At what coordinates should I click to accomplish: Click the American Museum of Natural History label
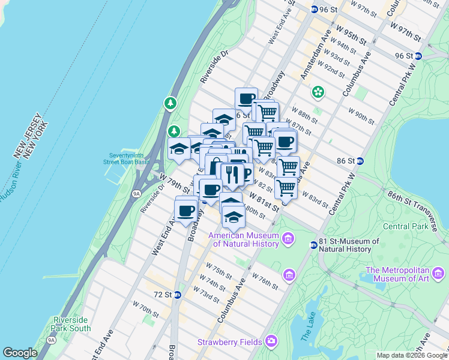pos(244,239)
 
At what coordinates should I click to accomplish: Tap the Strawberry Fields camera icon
pos(272,341)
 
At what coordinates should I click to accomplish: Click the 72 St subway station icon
pos(177,295)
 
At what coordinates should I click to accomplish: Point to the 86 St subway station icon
pos(360,161)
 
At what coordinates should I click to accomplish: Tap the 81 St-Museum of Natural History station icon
pos(313,245)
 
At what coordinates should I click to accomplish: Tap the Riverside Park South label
pos(71,324)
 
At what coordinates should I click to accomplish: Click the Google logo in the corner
pos(20,353)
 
